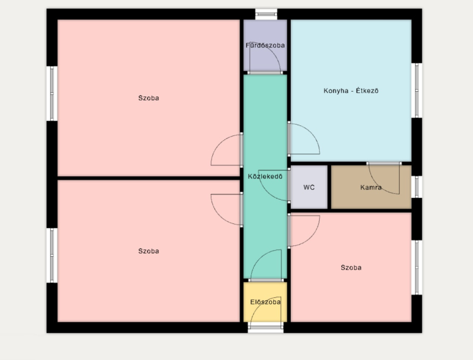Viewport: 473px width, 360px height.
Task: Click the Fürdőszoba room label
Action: pos(265,46)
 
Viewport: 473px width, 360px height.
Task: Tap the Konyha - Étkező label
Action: pos(351,91)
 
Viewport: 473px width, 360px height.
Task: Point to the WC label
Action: pos(309,187)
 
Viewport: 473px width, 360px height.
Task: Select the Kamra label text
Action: pos(371,187)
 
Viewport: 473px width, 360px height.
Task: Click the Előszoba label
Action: pos(265,302)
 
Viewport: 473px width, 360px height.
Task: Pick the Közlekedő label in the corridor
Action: pos(265,176)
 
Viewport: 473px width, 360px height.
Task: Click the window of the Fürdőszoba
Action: pos(266,14)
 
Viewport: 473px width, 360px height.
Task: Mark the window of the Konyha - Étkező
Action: pos(417,90)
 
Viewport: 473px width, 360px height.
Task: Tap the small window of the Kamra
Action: pos(417,187)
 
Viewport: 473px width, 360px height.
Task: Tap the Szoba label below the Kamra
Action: pos(351,267)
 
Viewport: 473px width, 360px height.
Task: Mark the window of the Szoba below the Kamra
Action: pos(417,267)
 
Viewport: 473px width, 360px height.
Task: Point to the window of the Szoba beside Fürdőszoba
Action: pos(52,93)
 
